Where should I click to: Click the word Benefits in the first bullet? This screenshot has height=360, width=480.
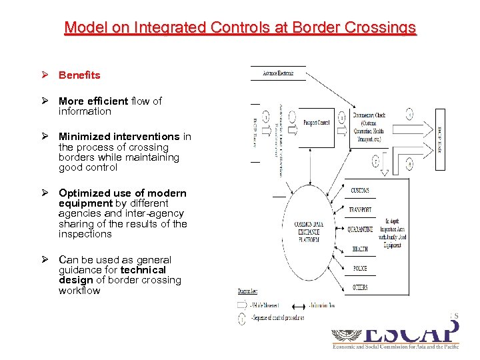[x=79, y=75]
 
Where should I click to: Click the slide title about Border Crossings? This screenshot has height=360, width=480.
[x=240, y=28]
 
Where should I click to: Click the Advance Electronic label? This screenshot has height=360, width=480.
[x=279, y=73]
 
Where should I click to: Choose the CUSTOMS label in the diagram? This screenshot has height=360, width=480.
[x=360, y=191]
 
